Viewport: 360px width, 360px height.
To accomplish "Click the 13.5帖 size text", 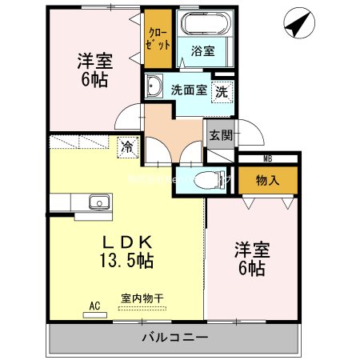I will click(x=126, y=261).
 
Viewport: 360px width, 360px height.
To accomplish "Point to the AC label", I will click(x=94, y=305).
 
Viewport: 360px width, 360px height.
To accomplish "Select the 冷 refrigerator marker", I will click(x=126, y=146).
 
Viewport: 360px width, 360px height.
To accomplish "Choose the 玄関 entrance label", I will click(x=221, y=135).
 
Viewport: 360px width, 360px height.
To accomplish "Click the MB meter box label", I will click(x=267, y=159).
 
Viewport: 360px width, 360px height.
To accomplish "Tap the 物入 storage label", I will click(x=267, y=181).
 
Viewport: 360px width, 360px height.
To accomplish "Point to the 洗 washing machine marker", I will click(x=224, y=90).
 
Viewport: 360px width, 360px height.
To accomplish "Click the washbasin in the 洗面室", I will click(x=155, y=86).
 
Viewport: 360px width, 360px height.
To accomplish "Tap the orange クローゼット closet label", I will click(x=157, y=38).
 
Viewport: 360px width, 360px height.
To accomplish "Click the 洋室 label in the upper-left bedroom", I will click(x=93, y=60).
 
